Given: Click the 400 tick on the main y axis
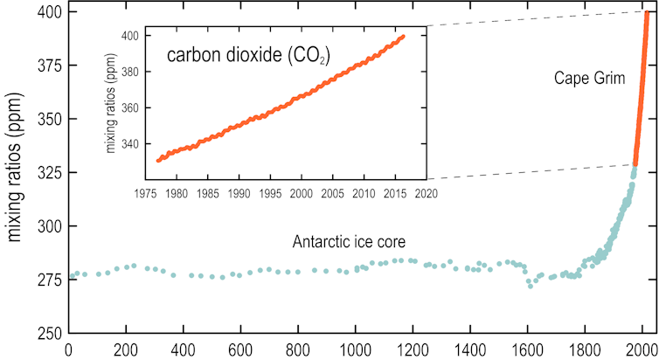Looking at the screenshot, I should (49, 12).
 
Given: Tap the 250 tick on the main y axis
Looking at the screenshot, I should (49, 334).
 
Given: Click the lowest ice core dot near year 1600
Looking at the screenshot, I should (530, 286).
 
